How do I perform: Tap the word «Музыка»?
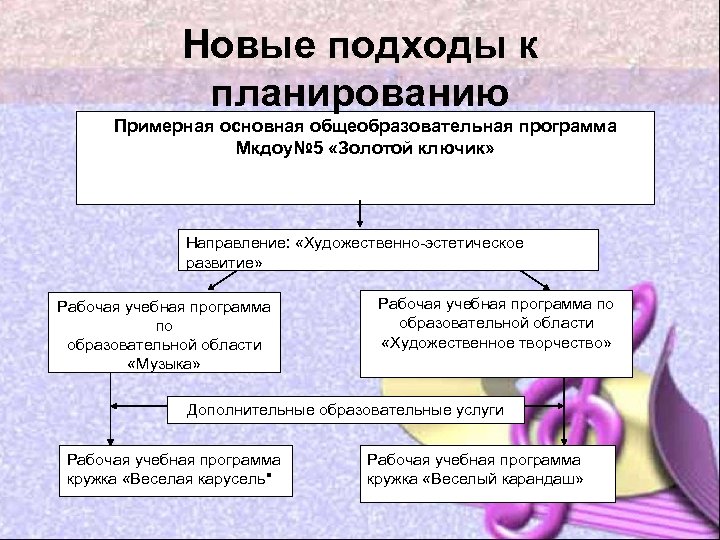(x=165, y=363)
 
